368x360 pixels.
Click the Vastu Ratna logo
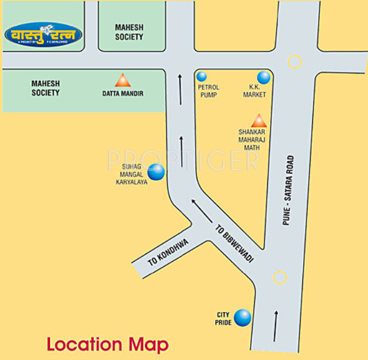(43, 35)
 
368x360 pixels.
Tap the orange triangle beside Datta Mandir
(122, 80)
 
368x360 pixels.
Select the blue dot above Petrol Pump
(202, 76)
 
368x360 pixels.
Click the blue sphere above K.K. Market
(264, 77)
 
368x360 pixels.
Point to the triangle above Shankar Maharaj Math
(258, 121)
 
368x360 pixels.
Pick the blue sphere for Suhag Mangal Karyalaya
(156, 172)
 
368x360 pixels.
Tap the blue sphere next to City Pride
(242, 318)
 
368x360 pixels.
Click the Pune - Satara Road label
(287, 190)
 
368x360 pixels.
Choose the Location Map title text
(107, 344)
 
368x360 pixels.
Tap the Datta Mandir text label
(122, 94)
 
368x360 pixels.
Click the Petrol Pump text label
(208, 91)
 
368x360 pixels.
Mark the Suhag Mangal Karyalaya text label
(131, 174)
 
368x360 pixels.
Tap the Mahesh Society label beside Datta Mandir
(45, 88)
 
